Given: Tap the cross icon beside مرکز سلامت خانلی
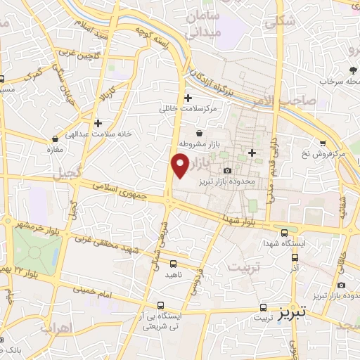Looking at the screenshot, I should click(188, 98).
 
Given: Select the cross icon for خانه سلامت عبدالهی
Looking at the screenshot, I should click(98, 122).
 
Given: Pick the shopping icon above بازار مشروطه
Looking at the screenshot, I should click(200, 133).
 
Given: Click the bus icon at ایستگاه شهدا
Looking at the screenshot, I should click(284, 233).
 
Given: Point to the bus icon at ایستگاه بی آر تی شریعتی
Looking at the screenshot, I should click(162, 306).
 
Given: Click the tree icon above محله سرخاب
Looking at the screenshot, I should click(352, 70).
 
